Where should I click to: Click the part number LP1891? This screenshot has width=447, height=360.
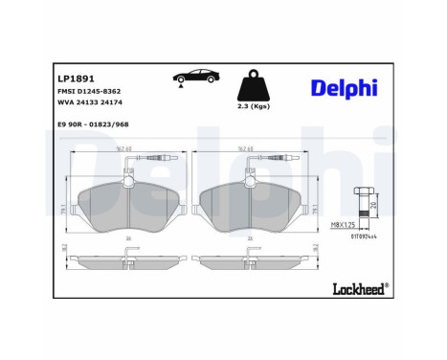(74, 80)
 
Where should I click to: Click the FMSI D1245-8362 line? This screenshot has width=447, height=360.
(92, 96)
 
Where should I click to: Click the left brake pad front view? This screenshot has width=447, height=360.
(126, 207)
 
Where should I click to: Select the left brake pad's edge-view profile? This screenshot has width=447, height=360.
(126, 260)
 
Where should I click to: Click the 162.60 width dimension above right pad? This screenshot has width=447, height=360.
(248, 149)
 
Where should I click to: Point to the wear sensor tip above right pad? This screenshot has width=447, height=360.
(282, 156)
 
